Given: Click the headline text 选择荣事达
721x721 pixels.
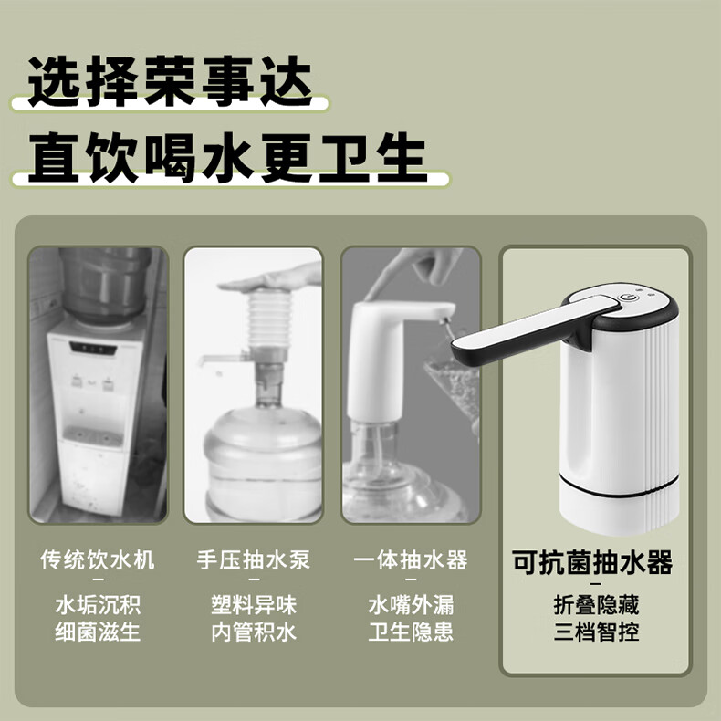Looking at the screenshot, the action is [171, 81].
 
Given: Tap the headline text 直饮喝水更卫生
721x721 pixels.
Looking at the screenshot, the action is [227, 158].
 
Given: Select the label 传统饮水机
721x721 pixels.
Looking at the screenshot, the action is [98, 559].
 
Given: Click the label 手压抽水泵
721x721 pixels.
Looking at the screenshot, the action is [254, 559].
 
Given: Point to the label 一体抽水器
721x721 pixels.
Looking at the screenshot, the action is [411, 559].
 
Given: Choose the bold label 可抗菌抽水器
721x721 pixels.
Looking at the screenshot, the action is [592, 562].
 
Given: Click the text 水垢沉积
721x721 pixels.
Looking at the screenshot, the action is [98, 605].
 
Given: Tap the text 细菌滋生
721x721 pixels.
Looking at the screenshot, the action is [98, 632].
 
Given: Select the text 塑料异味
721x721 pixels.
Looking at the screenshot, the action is [254, 605].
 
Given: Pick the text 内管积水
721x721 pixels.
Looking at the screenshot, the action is [254, 632].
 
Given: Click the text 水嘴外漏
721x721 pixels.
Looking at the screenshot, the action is [411, 605].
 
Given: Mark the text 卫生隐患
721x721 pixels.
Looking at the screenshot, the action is [411, 632].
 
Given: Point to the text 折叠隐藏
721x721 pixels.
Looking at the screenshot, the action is [596, 605].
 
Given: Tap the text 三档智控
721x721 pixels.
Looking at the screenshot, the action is [596, 632].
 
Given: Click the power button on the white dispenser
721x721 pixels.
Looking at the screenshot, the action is [626, 297].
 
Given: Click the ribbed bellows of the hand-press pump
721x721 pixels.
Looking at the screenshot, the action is [269, 319].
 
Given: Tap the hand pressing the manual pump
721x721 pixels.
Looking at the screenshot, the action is [271, 279].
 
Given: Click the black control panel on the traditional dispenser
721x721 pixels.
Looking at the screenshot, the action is [92, 348].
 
